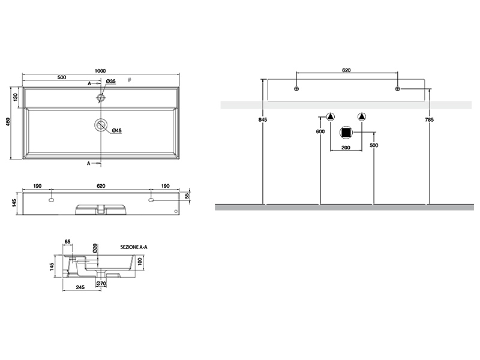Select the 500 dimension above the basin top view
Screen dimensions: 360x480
point(61,77)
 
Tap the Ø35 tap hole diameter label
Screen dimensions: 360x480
point(110,82)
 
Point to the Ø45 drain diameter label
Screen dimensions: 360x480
point(117,130)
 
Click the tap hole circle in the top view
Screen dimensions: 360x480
point(101,96)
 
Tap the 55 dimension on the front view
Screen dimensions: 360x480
point(187,196)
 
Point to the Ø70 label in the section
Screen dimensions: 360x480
point(101,283)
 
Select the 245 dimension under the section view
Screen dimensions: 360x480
point(80,289)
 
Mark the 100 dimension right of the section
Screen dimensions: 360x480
point(139,261)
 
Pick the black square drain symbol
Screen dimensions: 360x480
point(346,133)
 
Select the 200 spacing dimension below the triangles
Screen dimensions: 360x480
point(346,147)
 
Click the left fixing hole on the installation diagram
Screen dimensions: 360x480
point(296,89)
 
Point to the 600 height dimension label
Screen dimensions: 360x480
point(320,131)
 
